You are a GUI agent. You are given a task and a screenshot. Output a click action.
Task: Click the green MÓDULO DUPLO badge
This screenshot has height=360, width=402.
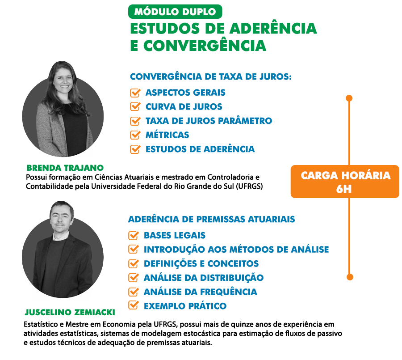(x=175, y=12)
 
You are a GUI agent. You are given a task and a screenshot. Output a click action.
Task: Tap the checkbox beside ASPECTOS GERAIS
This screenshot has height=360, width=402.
(x=135, y=93)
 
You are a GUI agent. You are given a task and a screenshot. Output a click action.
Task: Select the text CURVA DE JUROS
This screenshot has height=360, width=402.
(x=184, y=107)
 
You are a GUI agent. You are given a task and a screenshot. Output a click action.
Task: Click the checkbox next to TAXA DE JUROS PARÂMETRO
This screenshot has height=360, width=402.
(x=135, y=121)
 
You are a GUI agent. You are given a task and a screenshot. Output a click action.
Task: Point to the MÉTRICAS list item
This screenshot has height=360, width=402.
(x=167, y=135)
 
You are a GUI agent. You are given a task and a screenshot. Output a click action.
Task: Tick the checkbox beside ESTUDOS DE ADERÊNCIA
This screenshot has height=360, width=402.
(x=135, y=149)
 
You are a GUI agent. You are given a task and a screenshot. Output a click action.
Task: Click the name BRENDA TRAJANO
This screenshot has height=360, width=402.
(x=65, y=168)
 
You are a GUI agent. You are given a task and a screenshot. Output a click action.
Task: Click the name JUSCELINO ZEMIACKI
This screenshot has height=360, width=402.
(x=69, y=313)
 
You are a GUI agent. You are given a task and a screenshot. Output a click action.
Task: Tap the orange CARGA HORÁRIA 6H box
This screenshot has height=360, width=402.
(x=344, y=182)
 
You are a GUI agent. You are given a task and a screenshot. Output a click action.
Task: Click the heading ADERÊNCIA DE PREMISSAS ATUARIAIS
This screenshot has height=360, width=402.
(x=211, y=220)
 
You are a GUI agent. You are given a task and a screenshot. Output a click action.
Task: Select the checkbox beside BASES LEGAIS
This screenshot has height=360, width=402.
(x=134, y=235)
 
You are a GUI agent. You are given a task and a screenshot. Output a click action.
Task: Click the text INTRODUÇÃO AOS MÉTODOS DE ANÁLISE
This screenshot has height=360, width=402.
(x=236, y=250)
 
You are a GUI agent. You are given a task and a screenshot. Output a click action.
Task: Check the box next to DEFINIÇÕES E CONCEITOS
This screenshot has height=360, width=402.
(x=134, y=263)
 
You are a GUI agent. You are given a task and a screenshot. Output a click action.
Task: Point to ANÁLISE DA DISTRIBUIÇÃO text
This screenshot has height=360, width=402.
(x=203, y=278)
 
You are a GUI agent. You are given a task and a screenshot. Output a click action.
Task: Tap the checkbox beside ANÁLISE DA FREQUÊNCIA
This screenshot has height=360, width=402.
(x=134, y=292)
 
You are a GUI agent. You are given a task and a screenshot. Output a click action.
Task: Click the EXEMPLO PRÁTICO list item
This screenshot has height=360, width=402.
(x=185, y=306)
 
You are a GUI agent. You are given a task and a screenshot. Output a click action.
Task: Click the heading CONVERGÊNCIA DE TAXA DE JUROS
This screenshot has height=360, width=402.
(x=211, y=77)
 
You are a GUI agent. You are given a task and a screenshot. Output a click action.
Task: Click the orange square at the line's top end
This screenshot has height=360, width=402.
(x=349, y=98)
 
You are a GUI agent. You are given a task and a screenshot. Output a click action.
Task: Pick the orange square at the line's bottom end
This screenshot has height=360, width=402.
(x=350, y=277)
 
